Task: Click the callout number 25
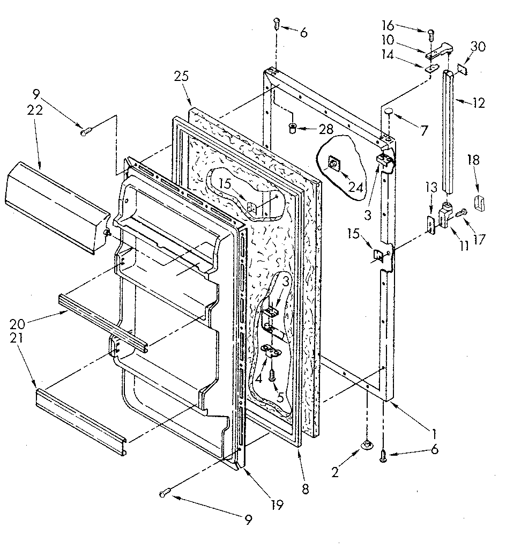pos(182,76)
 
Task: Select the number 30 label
pos(478,47)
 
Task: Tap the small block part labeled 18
pos(480,204)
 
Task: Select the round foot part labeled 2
pos(367,444)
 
